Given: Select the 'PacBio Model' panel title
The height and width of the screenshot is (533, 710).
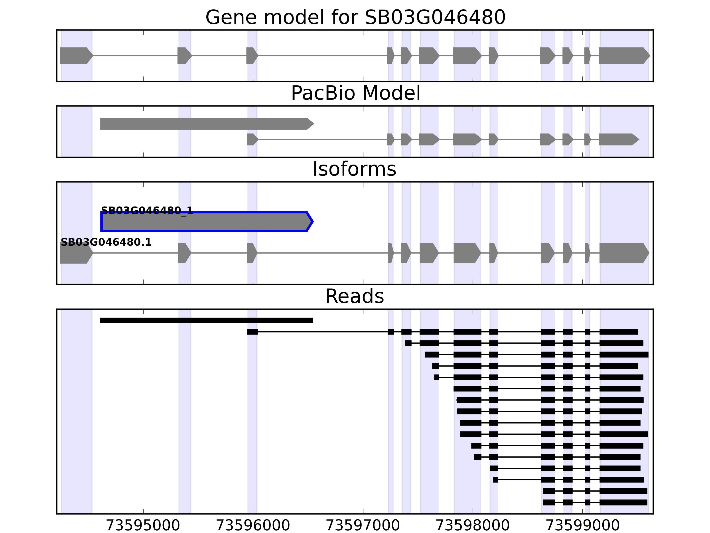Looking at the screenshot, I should (355, 93).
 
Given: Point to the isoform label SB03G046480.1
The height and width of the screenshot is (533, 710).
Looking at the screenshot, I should (106, 242).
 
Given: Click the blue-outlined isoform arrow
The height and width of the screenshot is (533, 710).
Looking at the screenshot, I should (205, 222).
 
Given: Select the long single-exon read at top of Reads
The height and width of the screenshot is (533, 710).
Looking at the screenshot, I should (206, 320).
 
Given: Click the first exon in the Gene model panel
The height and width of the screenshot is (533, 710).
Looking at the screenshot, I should (76, 56).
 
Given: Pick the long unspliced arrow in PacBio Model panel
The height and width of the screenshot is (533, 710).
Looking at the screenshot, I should (205, 124).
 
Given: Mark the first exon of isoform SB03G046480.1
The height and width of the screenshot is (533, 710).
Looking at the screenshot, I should (76, 253).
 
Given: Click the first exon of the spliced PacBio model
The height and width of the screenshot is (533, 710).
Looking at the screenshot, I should (252, 139).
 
